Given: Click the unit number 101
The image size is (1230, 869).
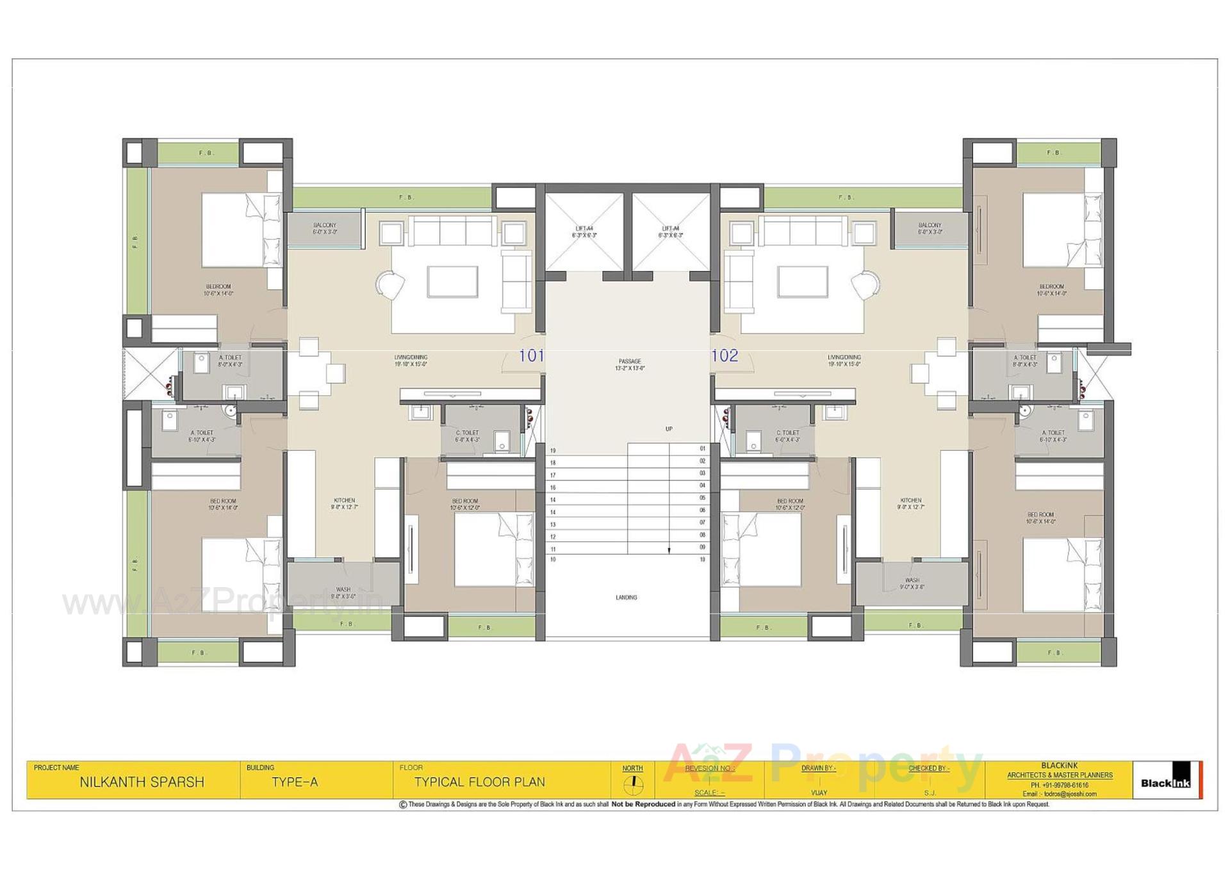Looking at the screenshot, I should (x=531, y=356).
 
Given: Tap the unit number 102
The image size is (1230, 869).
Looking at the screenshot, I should (x=725, y=356).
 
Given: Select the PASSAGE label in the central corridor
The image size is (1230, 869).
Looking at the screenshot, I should (x=630, y=362).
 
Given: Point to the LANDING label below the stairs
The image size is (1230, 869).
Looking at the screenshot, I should (x=626, y=597).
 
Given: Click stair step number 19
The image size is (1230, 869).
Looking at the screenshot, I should (x=553, y=451).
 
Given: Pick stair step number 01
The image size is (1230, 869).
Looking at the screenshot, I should (x=702, y=449).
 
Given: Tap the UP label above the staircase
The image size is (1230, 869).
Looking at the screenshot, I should (x=669, y=429).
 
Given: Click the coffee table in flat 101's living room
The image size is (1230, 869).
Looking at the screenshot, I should (x=452, y=282).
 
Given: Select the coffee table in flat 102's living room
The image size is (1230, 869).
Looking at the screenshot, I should (x=802, y=282).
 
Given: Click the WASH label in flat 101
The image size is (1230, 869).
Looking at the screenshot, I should (x=343, y=590).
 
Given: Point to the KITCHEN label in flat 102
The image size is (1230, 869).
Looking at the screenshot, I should (x=910, y=501).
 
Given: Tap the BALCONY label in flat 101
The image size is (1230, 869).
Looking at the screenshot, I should (x=325, y=225).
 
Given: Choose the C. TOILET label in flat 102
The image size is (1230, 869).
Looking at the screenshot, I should (x=787, y=433).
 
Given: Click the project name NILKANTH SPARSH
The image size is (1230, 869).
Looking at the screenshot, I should (x=142, y=783).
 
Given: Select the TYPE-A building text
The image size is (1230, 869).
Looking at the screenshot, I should (x=295, y=783).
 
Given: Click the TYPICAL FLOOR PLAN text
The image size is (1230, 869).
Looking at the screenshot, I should (x=479, y=783).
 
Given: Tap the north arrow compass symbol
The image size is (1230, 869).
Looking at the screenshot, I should (x=633, y=783).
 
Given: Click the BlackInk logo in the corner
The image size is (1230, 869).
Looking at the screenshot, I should (x=1166, y=781).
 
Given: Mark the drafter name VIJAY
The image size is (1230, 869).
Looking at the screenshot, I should (x=819, y=793).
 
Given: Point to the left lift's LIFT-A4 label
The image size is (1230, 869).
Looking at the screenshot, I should (x=584, y=229).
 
